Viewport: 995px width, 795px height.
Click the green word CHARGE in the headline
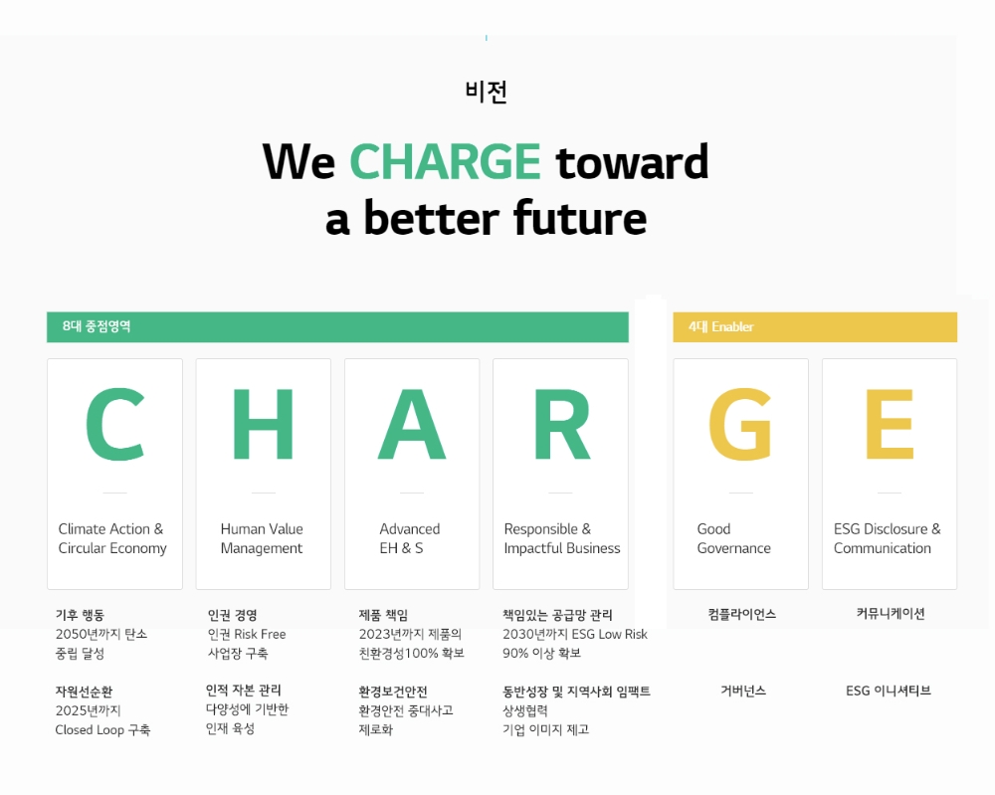445,161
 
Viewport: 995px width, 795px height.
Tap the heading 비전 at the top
487,92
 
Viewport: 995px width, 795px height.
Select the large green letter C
114,425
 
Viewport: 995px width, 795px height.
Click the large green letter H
263,425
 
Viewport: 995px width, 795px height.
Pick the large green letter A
412,425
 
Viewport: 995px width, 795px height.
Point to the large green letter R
561,425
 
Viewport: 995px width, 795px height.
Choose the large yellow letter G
740,425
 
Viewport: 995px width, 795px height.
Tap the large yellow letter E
889,425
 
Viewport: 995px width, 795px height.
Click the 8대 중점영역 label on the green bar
97,326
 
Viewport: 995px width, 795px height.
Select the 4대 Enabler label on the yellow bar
721,326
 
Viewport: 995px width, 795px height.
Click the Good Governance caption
733,538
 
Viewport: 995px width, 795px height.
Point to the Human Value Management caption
262,538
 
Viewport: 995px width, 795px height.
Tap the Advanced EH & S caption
409,538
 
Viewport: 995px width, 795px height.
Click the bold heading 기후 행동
80,615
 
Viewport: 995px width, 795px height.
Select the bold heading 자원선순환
85,692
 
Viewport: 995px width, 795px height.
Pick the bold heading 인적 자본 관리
243,690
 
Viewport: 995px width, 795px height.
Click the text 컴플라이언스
742,614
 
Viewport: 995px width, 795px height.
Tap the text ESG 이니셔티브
889,691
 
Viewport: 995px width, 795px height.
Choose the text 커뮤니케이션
891,614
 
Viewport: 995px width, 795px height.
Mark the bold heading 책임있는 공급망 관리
557,615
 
